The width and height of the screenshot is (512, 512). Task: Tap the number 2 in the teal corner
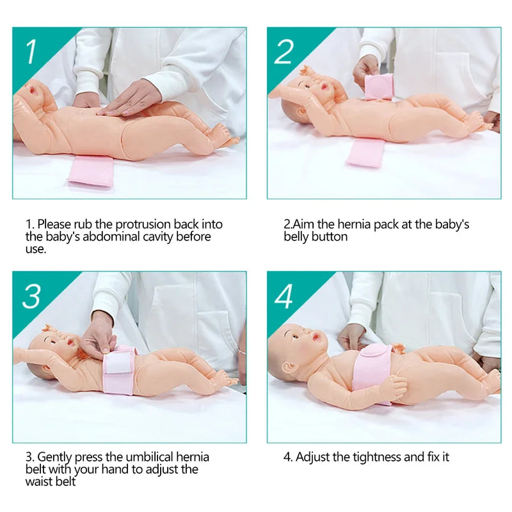click(284, 52)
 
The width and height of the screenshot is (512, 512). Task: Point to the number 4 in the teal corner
click(284, 296)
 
